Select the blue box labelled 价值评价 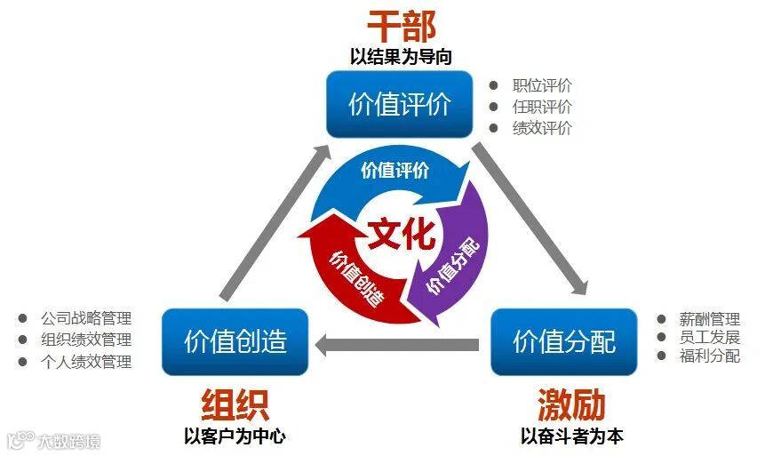[399, 104]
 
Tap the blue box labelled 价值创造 [235, 341]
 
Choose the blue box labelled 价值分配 [563, 341]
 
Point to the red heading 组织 [235, 404]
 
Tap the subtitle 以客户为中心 [235, 436]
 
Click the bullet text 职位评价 [542, 86]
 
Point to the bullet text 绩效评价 [542, 127]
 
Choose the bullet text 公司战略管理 [86, 318]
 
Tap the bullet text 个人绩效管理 [86, 362]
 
